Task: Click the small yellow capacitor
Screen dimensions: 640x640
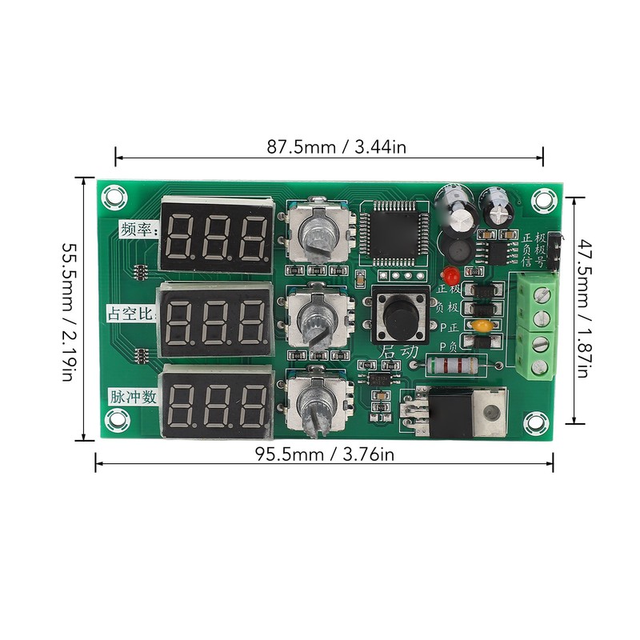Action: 481,326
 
